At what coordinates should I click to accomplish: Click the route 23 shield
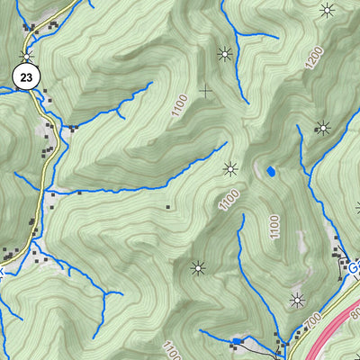pos(25,78)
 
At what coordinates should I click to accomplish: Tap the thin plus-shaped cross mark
pos(206,91)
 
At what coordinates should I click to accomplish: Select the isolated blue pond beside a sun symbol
pos(270,170)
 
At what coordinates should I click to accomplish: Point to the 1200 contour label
pos(313,58)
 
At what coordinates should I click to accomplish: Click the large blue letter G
pos(355,268)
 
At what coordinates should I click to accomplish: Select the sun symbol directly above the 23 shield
pos(28,56)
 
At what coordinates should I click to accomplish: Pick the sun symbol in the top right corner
pos(327,10)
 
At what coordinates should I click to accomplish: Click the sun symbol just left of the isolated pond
pos(230,168)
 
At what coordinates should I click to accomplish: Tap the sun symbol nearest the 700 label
pos(298,300)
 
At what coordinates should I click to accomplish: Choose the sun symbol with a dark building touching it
pos(321,128)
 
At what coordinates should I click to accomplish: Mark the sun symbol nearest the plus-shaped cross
pos(225,53)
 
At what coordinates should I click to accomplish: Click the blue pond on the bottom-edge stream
pos(237,341)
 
